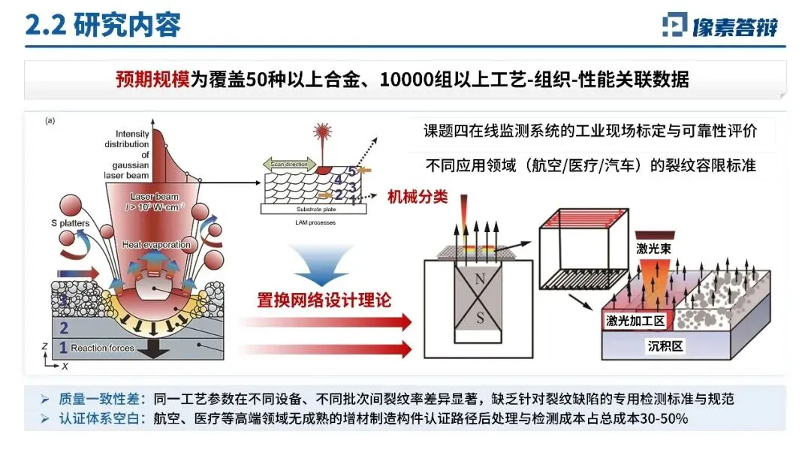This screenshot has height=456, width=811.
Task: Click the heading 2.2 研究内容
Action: coord(103,25)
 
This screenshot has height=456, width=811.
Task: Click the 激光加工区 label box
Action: coord(635,320)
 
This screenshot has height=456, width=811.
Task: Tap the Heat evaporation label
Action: coord(156,245)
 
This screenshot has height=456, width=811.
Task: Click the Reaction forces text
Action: coord(103,348)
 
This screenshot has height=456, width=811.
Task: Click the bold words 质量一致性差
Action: coord(93,399)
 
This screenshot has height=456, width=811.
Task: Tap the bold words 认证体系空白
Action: coord(93,418)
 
